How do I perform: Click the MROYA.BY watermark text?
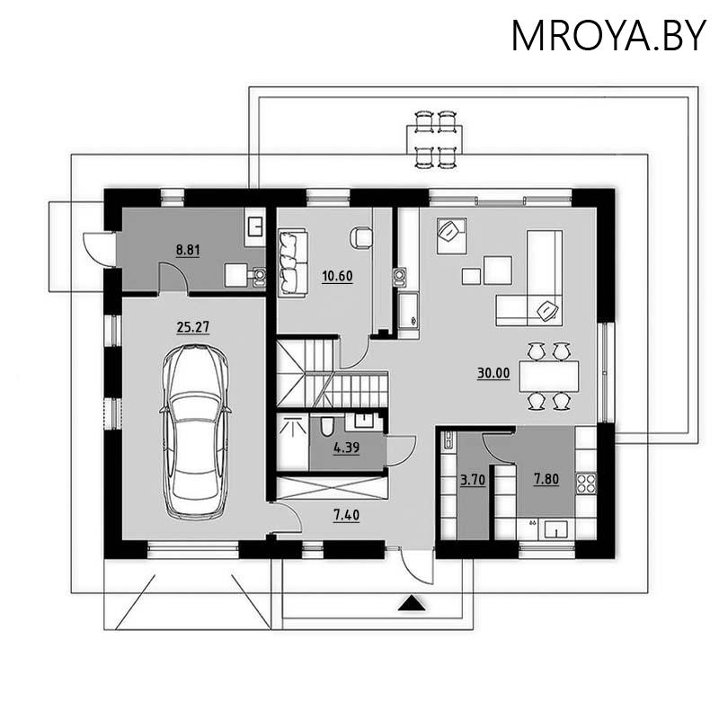(x=608, y=35)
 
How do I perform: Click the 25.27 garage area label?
(x=192, y=327)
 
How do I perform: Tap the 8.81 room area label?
(x=188, y=250)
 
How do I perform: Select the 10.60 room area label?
(x=337, y=275)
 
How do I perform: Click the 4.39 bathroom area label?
(x=346, y=447)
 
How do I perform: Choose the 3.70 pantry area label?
(x=472, y=480)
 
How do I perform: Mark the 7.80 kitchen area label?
(x=546, y=479)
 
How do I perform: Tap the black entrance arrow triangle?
(x=411, y=604)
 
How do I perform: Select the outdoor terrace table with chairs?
(x=434, y=139)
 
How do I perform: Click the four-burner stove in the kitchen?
(x=586, y=484)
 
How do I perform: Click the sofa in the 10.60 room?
(x=293, y=262)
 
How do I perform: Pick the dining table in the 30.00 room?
(x=548, y=375)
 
